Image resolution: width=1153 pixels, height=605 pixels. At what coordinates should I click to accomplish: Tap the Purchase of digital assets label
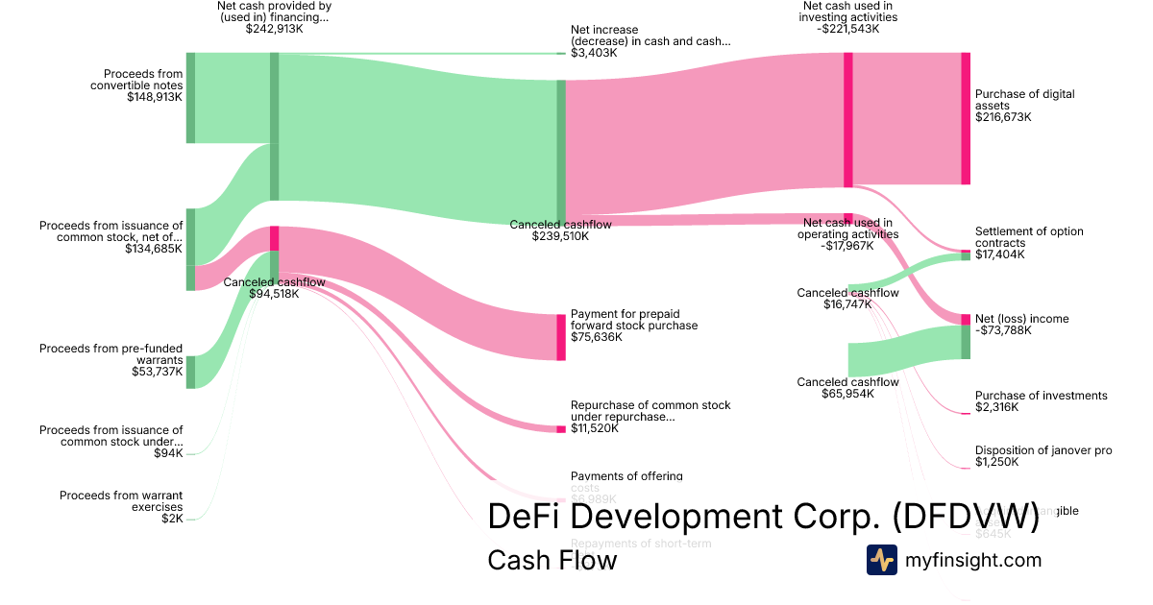pyautogui.click(x=1024, y=100)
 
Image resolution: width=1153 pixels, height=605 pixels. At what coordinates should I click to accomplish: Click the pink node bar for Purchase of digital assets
pyautogui.click(x=966, y=118)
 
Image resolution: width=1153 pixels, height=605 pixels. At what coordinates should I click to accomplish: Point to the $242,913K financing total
pyautogui.click(x=274, y=29)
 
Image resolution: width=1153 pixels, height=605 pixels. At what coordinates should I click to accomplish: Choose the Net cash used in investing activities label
pyautogui.click(x=849, y=12)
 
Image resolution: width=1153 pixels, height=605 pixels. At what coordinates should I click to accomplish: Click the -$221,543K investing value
pyautogui.click(x=849, y=29)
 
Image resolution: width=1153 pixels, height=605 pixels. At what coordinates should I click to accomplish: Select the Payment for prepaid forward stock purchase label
pyautogui.click(x=634, y=320)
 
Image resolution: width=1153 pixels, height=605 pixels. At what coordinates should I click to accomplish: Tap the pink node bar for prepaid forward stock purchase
pyautogui.click(x=561, y=337)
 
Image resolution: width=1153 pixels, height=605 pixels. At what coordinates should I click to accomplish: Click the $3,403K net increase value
pyautogui.click(x=594, y=53)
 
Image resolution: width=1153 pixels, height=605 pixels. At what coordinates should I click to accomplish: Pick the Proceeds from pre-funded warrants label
pyautogui.click(x=110, y=354)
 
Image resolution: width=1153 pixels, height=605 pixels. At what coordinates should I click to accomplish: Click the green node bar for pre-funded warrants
pyautogui.click(x=190, y=372)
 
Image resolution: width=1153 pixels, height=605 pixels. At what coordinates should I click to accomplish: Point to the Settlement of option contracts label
pyautogui.click(x=1029, y=237)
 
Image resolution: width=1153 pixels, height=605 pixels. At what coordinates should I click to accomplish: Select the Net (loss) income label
pyautogui.click(x=1021, y=319)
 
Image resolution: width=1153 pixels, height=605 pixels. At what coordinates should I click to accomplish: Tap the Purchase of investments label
pyautogui.click(x=1041, y=396)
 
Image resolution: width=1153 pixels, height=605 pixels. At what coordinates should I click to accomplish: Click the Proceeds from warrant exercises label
pyautogui.click(x=121, y=501)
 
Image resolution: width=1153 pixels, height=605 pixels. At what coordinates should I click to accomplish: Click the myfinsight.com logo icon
pyautogui.click(x=881, y=560)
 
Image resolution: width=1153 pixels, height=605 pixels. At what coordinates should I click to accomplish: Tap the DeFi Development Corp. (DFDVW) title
pyautogui.click(x=763, y=517)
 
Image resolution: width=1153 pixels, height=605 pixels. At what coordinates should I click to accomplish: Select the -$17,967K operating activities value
pyautogui.click(x=847, y=246)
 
